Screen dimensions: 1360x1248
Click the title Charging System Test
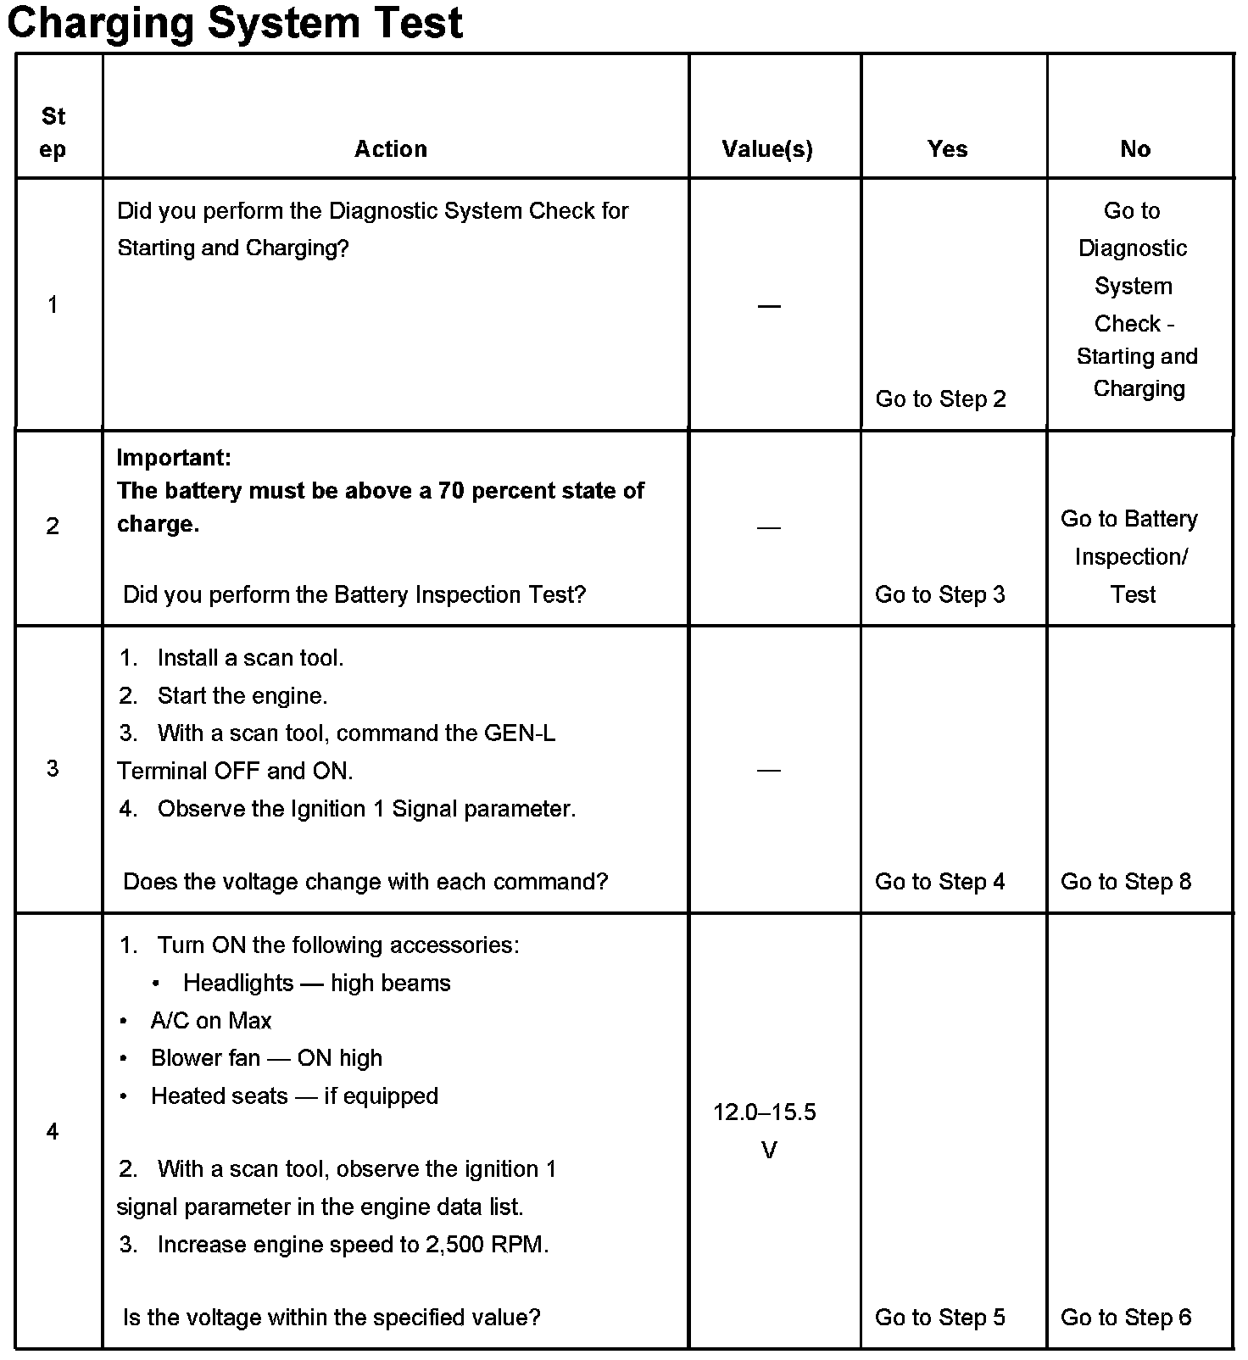(235, 23)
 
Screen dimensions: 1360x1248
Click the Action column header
(391, 149)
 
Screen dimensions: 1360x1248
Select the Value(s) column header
(767, 149)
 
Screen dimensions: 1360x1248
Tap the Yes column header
(947, 149)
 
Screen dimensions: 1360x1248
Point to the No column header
(1135, 149)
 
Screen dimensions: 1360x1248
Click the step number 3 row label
(53, 768)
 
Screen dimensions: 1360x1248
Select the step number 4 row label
(53, 1131)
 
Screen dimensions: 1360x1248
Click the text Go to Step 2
(940, 399)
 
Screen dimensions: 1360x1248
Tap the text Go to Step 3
(939, 594)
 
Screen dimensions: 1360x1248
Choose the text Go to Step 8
(1126, 882)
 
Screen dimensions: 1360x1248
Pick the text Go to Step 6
(1126, 1317)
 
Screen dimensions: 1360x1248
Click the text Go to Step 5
(939, 1317)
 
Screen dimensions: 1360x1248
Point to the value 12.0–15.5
(765, 1112)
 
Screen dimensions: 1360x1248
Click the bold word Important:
(174, 458)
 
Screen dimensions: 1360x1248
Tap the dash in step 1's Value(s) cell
(769, 305)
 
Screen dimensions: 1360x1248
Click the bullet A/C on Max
(210, 1021)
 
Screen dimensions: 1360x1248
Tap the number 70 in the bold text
(451, 491)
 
